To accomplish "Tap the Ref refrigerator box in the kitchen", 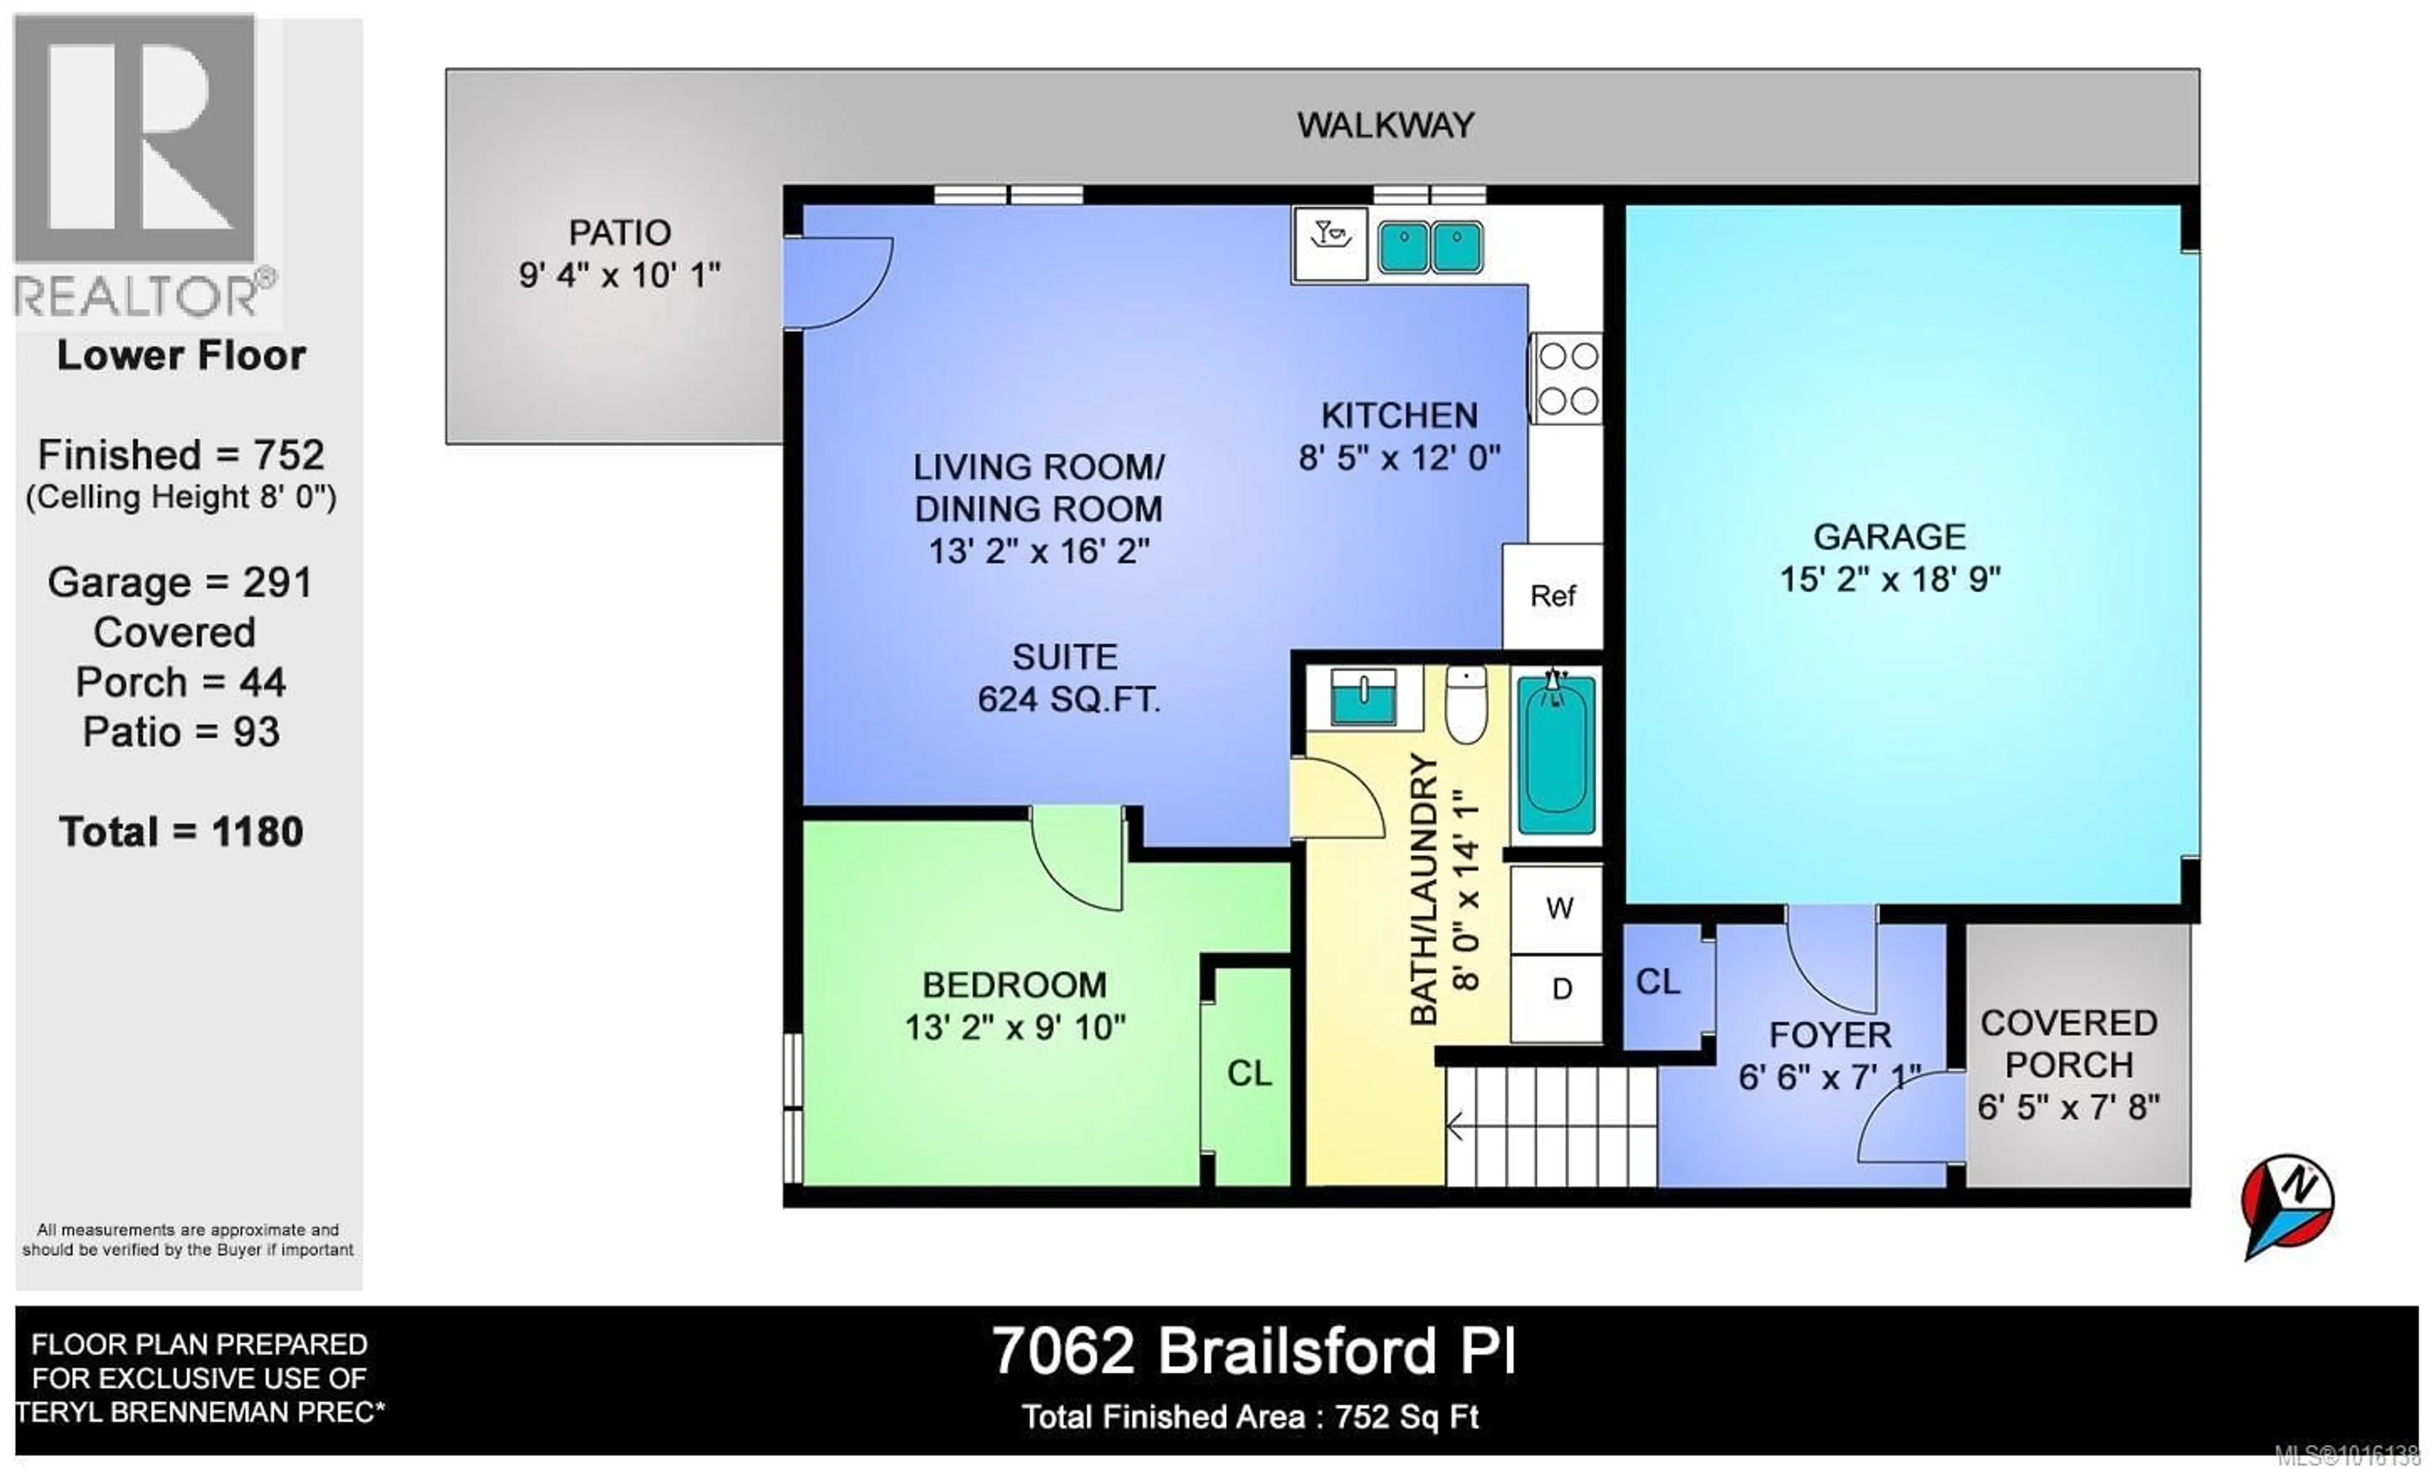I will [x=1552, y=596].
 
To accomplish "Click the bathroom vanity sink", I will [x=1362, y=698].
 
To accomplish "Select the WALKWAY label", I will [x=1384, y=125].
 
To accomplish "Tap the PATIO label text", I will [x=620, y=233].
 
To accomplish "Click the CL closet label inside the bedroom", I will [x=1248, y=1074].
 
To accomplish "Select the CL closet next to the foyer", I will [x=1657, y=982].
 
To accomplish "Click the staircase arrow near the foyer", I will [x=1455, y=1125].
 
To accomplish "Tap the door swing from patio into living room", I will [x=839, y=283].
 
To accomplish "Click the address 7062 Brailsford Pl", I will [x=1253, y=1352].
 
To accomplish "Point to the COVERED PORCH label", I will [x=2068, y=1044].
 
